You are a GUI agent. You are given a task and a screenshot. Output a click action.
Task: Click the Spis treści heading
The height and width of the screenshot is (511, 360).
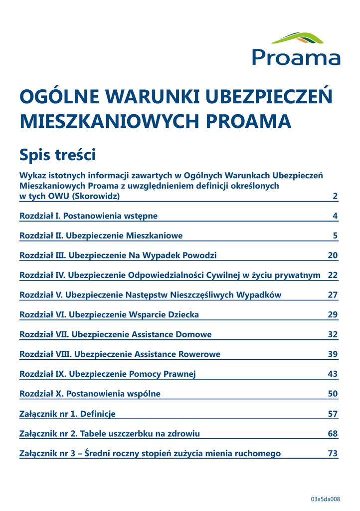click(57, 154)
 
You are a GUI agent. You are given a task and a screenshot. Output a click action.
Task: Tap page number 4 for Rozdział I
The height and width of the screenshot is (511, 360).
click(335, 216)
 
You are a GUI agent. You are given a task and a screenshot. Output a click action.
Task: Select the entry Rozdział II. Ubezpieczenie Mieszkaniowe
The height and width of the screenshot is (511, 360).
click(101, 236)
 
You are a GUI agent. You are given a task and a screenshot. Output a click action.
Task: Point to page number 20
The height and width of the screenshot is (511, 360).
click(333, 255)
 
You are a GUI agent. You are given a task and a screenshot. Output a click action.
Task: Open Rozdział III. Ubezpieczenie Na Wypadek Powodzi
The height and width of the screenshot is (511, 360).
click(118, 255)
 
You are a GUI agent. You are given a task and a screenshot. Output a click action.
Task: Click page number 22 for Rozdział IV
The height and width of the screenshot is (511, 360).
click(333, 275)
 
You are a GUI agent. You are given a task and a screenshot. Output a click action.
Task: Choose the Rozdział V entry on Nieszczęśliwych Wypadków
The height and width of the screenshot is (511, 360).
click(150, 295)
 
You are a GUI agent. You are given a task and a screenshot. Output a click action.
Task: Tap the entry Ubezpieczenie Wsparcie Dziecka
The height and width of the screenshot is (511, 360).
click(109, 314)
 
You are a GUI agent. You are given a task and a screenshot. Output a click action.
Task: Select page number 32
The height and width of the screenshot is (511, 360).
click(333, 334)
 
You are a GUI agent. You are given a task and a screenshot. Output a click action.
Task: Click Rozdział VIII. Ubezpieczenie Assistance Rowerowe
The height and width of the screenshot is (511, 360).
click(120, 354)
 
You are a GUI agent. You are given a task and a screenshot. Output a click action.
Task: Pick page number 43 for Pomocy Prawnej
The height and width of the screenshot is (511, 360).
click(333, 374)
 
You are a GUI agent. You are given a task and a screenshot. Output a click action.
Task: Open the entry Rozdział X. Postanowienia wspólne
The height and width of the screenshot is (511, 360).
click(90, 394)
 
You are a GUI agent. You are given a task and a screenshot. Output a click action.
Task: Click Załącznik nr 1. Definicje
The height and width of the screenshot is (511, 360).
click(67, 414)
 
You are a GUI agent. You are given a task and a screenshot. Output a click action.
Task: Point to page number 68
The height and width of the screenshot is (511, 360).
click(333, 434)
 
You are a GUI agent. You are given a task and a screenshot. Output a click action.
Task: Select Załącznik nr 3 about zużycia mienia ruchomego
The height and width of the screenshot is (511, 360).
click(150, 454)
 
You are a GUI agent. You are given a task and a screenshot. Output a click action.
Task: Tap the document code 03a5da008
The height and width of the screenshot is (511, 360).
click(325, 499)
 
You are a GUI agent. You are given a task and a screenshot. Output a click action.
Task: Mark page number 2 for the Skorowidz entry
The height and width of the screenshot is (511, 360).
click(335, 196)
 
